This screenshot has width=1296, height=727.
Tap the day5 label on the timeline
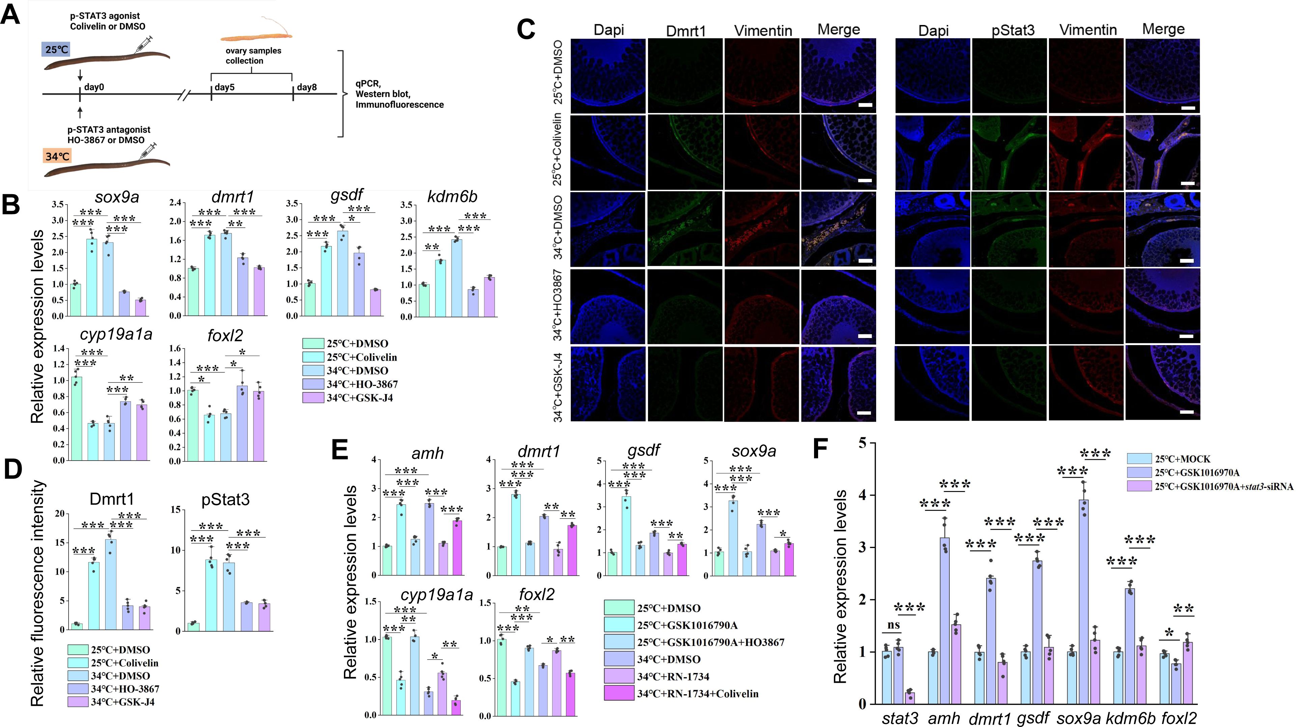(224, 87)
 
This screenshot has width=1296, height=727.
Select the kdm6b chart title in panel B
(452, 197)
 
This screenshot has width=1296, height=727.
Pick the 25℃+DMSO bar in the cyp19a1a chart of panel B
(77, 418)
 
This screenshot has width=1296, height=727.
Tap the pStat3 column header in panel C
(1013, 30)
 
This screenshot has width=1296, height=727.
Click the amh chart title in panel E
(427, 453)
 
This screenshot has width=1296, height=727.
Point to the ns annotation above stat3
(893, 625)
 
